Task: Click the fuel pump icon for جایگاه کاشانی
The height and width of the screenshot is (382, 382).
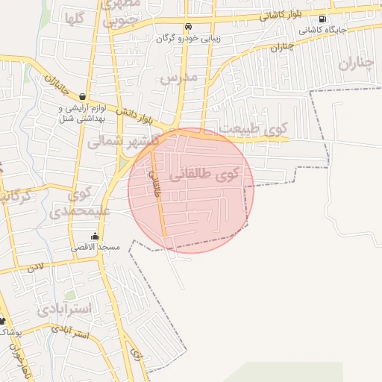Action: (322, 19)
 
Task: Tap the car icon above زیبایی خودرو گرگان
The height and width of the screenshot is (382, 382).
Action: (188, 26)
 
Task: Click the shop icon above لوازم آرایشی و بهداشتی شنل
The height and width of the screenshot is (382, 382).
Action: (82, 97)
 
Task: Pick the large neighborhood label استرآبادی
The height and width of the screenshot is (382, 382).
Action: (65, 308)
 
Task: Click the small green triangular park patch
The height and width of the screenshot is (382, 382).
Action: (124, 161)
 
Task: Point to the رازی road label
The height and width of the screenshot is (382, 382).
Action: (134, 351)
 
